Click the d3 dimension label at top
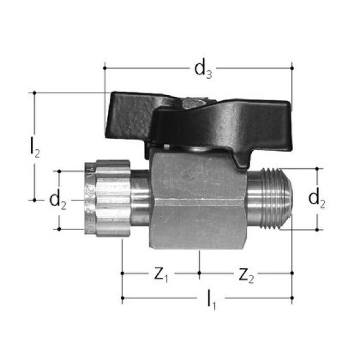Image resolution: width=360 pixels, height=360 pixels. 203,69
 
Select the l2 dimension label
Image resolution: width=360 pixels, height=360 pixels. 34,146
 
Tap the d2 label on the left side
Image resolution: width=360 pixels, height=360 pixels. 58,200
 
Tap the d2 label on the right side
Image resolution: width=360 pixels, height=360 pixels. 317,199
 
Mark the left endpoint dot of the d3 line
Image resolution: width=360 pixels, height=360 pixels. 105,68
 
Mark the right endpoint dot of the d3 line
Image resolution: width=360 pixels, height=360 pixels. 292,68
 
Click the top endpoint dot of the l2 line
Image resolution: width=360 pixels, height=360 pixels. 34,93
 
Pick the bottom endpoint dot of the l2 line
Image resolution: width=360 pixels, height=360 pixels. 34,199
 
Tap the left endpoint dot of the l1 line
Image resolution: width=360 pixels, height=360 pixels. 122,299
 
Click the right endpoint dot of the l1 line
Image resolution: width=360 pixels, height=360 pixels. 292,299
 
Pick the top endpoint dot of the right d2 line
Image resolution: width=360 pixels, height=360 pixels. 317,168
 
